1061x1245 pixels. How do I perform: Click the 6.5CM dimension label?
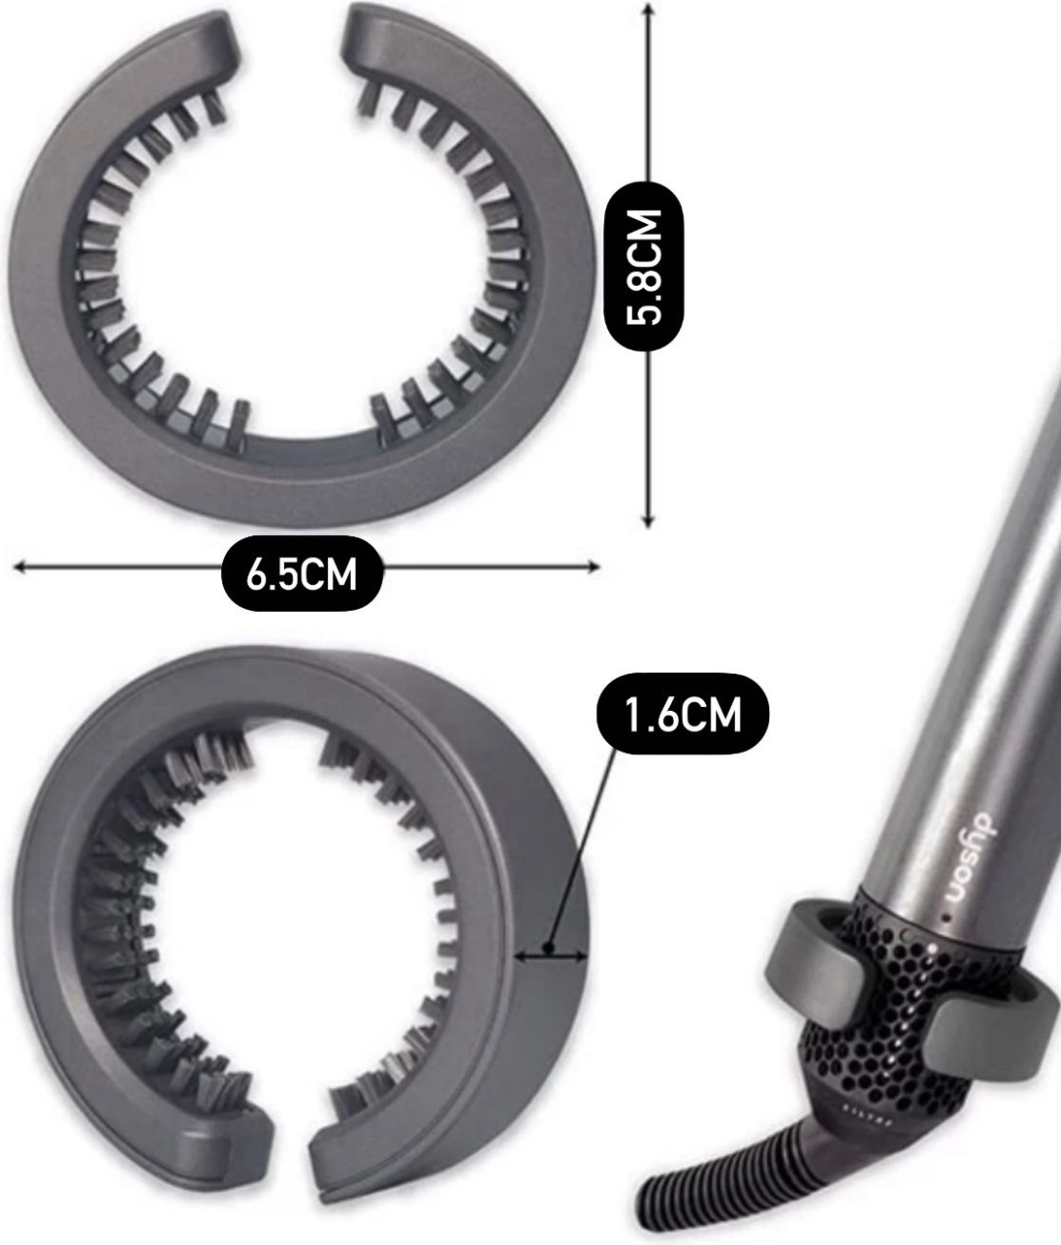click(303, 573)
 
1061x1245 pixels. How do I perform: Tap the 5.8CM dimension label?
click(643, 267)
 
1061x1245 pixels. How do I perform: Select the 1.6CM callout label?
click(684, 714)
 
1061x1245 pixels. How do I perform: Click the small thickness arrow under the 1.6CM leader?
click(551, 955)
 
